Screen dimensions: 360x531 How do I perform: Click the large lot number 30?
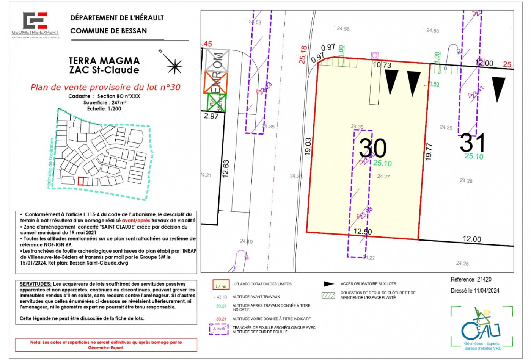pos(372,148)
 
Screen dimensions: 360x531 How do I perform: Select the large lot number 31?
pos(472,143)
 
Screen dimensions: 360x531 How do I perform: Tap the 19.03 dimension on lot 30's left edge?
pos(308,146)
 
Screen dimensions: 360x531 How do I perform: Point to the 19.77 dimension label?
pos(429,151)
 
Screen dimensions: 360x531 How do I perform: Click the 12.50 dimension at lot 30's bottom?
pos(363,232)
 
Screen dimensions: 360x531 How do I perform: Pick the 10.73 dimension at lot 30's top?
pos(382,65)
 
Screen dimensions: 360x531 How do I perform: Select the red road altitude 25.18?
pos(303,55)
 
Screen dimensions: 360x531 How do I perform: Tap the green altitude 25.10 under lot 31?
pos(474,157)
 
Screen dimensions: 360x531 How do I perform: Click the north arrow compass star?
pos(174,66)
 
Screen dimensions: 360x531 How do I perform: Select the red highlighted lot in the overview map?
pos(80,181)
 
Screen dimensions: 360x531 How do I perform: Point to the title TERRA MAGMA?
pos(104,61)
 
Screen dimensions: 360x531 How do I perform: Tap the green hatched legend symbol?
pos(328,295)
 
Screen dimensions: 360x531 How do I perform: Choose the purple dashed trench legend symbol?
pos(219,329)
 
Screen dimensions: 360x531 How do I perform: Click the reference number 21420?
pos(484,280)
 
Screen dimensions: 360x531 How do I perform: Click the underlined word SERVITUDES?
pos(35,284)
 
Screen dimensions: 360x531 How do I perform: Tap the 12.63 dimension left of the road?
pos(226,169)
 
